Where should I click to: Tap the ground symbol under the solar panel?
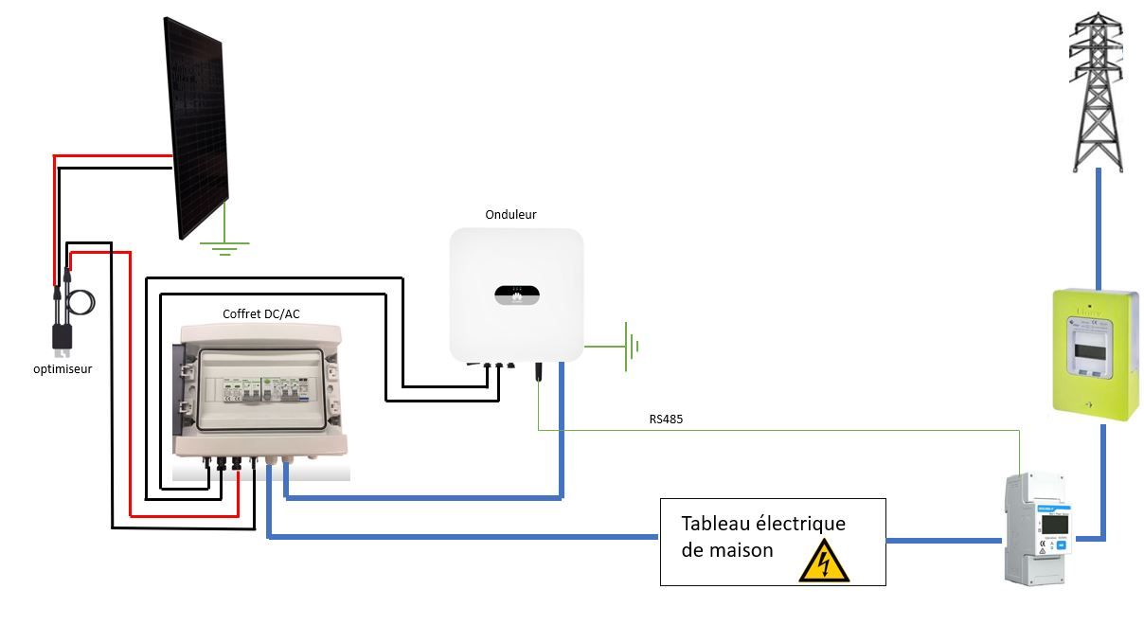(x=224, y=248)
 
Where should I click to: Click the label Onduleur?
(x=510, y=215)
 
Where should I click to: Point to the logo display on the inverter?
(x=516, y=295)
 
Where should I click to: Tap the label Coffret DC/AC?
(x=261, y=314)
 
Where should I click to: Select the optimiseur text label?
(x=63, y=368)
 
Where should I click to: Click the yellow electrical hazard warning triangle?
(x=823, y=563)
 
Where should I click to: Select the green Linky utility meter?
(x=1097, y=351)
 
